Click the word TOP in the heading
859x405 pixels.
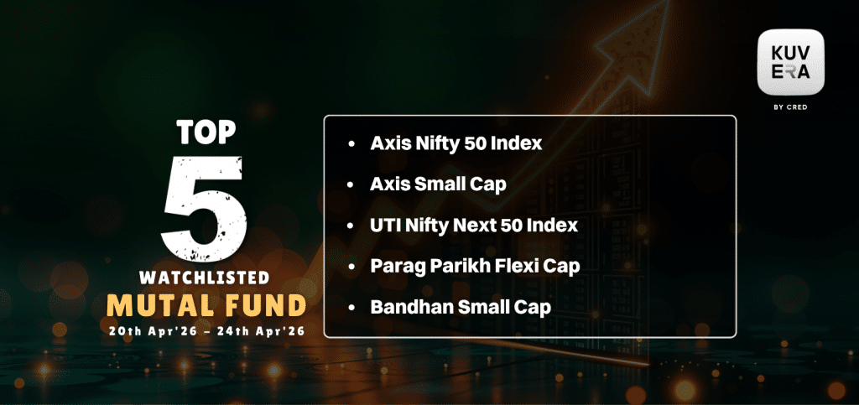coord(206,133)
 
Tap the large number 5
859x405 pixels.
coord(203,207)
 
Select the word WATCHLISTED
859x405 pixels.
coord(205,278)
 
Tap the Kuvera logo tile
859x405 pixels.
coord(790,62)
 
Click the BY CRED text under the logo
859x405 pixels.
coord(790,107)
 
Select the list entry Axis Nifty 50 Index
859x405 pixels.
coord(456,143)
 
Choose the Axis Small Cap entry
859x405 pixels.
coord(438,184)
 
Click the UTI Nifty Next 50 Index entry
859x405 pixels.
coord(475,226)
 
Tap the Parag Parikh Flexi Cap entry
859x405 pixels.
coord(475,267)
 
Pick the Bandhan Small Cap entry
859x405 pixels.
coord(461,308)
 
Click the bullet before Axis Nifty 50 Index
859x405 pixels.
coord(351,144)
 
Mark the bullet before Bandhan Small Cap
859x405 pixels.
coord(351,308)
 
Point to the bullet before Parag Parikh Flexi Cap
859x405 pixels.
coord(351,267)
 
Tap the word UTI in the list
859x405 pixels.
coord(384,226)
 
